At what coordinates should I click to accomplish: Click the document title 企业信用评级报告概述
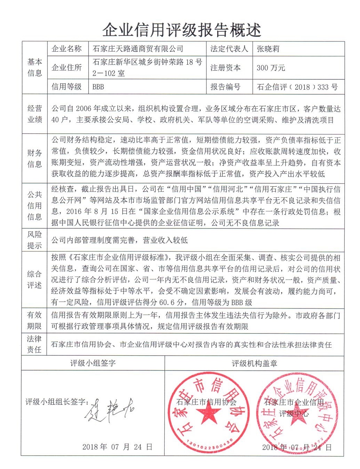(x=181, y=30)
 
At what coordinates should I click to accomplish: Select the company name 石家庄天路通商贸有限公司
(x=138, y=49)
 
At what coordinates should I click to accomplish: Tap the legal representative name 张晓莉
(x=268, y=49)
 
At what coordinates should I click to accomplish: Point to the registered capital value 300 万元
(x=271, y=68)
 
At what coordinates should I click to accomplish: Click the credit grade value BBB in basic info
(x=98, y=87)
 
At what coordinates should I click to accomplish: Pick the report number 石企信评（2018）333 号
(x=297, y=87)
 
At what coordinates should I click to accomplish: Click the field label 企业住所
(x=67, y=68)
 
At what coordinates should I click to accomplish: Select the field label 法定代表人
(x=229, y=49)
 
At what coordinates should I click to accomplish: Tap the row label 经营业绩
(x=34, y=114)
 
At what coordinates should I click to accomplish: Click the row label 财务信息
(x=34, y=159)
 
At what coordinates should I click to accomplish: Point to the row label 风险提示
(x=34, y=240)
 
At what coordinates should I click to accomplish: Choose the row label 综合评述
(x=34, y=280)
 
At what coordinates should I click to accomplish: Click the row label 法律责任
(x=34, y=344)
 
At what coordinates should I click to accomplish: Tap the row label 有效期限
(x=34, y=321)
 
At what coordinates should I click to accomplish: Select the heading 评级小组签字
(x=93, y=363)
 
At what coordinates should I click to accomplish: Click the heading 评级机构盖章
(x=254, y=363)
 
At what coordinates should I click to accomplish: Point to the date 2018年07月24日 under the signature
(x=117, y=447)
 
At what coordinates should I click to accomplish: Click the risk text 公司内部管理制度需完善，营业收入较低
(x=120, y=240)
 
